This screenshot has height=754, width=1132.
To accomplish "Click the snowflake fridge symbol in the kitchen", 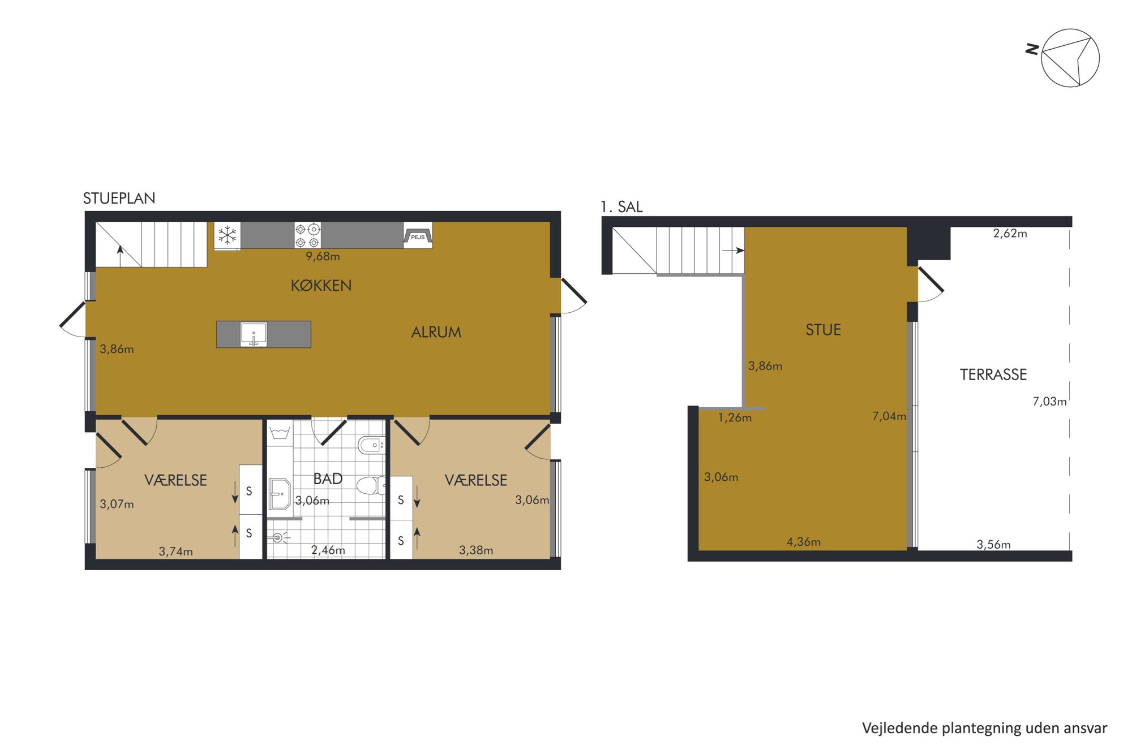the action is (x=228, y=235).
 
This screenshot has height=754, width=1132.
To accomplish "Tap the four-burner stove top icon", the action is (x=307, y=235).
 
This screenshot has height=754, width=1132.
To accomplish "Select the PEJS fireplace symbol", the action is (x=418, y=235).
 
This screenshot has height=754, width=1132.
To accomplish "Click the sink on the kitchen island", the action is (x=254, y=334).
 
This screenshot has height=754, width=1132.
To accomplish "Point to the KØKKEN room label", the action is (x=321, y=286).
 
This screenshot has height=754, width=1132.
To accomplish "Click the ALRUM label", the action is (x=436, y=332).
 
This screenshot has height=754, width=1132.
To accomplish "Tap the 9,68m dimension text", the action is (x=323, y=256).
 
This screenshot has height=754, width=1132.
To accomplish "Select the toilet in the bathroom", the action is (x=371, y=485).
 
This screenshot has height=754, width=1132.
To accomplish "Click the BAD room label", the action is (x=328, y=479).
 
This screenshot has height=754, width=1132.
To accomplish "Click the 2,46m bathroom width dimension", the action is (x=328, y=550).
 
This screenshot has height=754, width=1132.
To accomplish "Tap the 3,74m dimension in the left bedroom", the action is (x=175, y=552).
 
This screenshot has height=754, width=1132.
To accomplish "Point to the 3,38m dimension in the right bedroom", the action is (x=475, y=550).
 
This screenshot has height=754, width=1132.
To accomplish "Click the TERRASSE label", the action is (x=993, y=374).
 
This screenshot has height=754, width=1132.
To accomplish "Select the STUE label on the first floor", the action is (x=823, y=330).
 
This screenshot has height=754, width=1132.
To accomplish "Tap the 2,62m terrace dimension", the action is (x=1010, y=233).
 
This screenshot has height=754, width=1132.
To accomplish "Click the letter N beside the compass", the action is (x=1032, y=49).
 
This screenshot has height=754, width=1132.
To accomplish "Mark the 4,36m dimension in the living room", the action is (x=803, y=542).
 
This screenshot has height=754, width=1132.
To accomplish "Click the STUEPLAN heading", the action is (x=119, y=199).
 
